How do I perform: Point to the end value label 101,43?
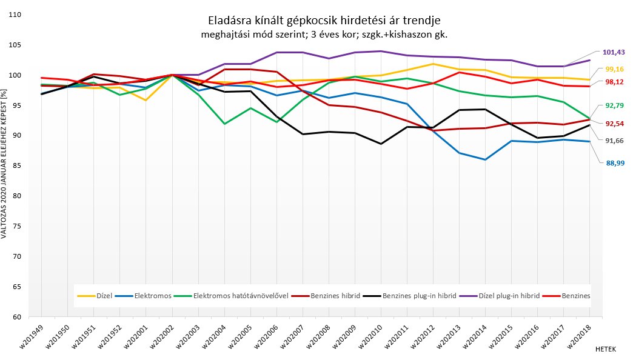612,52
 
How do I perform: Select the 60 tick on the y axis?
18,317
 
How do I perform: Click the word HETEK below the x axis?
606,350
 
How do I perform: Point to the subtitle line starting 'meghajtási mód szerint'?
324,35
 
